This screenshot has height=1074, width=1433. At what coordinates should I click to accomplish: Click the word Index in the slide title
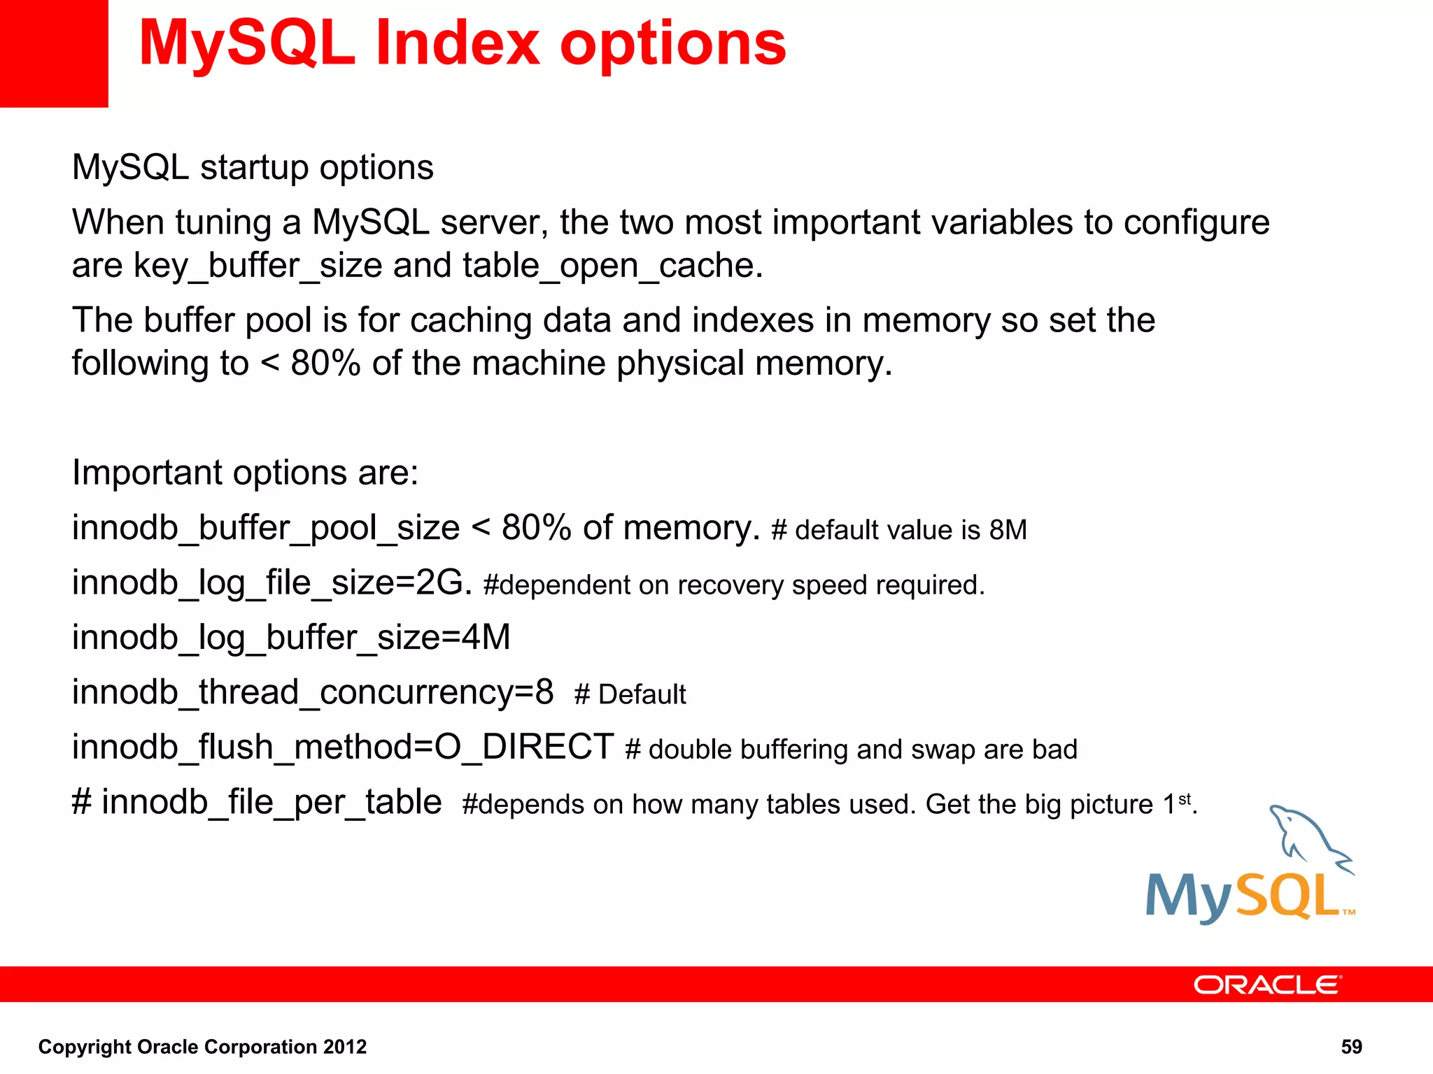coord(458,43)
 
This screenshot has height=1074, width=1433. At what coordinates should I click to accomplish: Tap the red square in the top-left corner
coord(53,53)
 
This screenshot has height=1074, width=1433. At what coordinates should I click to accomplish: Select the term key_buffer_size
coord(257,266)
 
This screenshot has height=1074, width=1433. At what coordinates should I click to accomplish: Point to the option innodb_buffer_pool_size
coord(266,528)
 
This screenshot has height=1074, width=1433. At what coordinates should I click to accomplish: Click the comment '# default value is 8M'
coord(898,530)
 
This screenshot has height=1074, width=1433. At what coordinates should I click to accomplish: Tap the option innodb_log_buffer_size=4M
coord(291,638)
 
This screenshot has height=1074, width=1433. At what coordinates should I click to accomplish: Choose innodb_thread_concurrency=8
coord(313,692)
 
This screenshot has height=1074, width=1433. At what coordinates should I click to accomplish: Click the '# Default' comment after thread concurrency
coord(630,695)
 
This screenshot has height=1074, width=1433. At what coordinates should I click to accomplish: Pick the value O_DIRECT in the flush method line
coord(524,747)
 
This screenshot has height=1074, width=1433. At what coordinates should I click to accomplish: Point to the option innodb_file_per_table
coord(271,802)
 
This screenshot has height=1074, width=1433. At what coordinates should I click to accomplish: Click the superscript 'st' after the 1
coord(1184,799)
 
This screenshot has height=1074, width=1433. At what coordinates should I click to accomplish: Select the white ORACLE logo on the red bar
coord(1266,984)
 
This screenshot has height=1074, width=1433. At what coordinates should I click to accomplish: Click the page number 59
coord(1351,1047)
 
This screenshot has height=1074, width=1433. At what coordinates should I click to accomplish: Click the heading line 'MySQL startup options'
coord(253,168)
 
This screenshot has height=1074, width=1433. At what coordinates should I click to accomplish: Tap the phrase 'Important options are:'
coord(245,473)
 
